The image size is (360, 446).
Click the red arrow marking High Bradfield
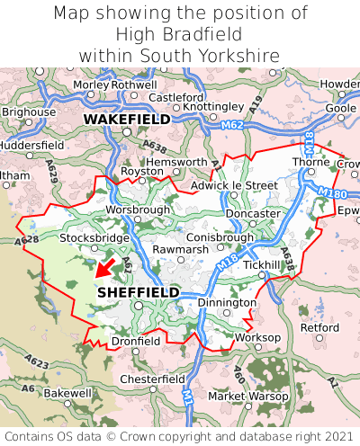(x=105, y=267)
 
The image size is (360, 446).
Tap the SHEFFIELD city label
(x=138, y=292)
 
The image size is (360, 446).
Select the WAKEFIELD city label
(x=126, y=119)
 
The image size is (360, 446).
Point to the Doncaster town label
(x=253, y=213)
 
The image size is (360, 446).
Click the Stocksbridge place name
(x=94, y=238)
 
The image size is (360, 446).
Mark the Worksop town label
(x=257, y=338)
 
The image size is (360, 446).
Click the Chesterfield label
(x=152, y=379)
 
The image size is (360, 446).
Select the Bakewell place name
(x=67, y=393)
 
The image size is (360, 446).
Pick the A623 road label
(x=37, y=362)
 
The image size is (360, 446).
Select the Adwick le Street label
(x=235, y=185)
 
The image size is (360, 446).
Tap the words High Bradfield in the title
(x=180, y=34)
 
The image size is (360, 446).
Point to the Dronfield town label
(x=136, y=342)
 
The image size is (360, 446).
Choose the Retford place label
(x=319, y=328)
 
